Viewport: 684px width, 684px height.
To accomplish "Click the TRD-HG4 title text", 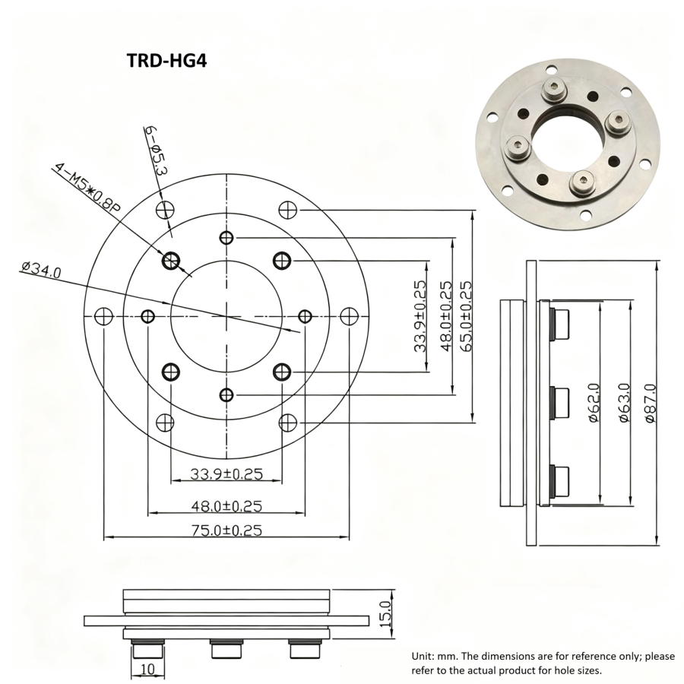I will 166,60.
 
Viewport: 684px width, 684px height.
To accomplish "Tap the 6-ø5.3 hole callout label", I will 154,152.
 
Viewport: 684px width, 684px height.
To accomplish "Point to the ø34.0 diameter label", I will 42,270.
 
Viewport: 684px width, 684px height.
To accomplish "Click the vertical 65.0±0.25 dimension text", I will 465,316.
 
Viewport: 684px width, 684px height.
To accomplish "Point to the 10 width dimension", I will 148,669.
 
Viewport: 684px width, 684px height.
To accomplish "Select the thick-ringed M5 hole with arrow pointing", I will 171,261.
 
